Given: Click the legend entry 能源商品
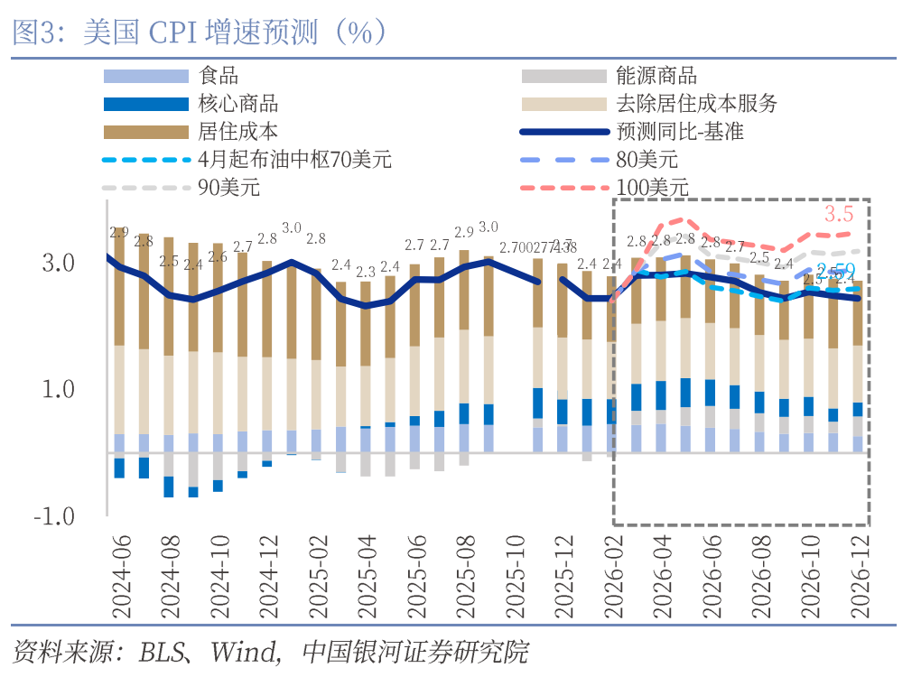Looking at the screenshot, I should [656, 77].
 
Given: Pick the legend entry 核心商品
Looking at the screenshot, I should [237, 104].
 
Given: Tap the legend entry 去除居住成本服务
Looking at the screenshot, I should [695, 104].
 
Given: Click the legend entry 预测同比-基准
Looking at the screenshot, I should [679, 132].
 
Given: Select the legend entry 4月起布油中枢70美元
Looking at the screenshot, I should [294, 160].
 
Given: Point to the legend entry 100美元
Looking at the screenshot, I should [652, 188].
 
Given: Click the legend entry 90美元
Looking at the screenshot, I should [228, 188].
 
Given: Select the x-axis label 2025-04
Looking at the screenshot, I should [367, 578].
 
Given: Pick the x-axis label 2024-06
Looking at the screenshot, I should [121, 578].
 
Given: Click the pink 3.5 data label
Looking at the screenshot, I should [839, 214].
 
